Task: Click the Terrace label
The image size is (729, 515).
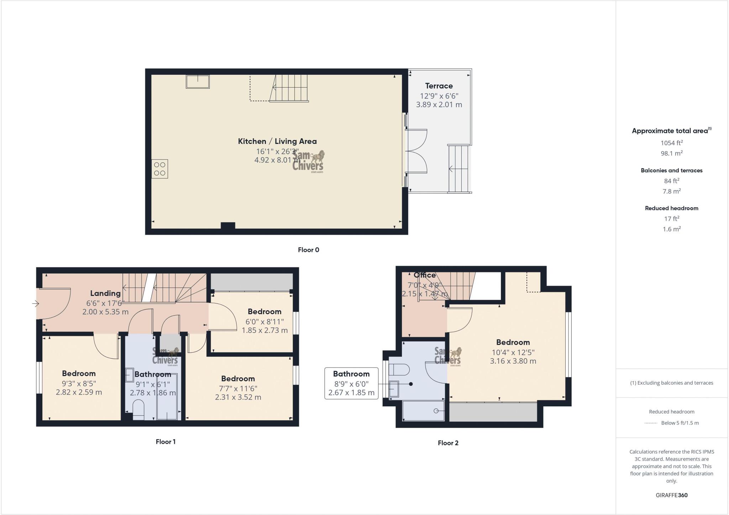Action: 439,86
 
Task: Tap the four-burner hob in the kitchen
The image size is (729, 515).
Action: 159,169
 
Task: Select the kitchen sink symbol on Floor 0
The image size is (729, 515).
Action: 198,82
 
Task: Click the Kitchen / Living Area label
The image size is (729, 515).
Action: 277,141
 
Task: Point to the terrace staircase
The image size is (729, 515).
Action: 459,168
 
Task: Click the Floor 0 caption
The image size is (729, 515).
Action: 308,250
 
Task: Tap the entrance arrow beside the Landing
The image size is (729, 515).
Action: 35,304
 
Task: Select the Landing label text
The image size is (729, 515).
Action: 105,293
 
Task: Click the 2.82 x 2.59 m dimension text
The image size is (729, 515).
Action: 79,392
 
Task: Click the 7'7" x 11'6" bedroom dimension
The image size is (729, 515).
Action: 238,389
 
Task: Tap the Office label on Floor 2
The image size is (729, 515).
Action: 424,275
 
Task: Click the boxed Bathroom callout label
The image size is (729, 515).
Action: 351,374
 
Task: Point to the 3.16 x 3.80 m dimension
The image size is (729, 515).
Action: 513,361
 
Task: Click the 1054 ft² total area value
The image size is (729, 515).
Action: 671,143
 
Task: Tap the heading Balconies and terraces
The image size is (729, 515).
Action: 671,171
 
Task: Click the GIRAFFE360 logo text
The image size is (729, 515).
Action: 671,495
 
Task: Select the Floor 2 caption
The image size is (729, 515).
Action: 448,443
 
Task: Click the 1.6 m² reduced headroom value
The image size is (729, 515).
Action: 671,229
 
